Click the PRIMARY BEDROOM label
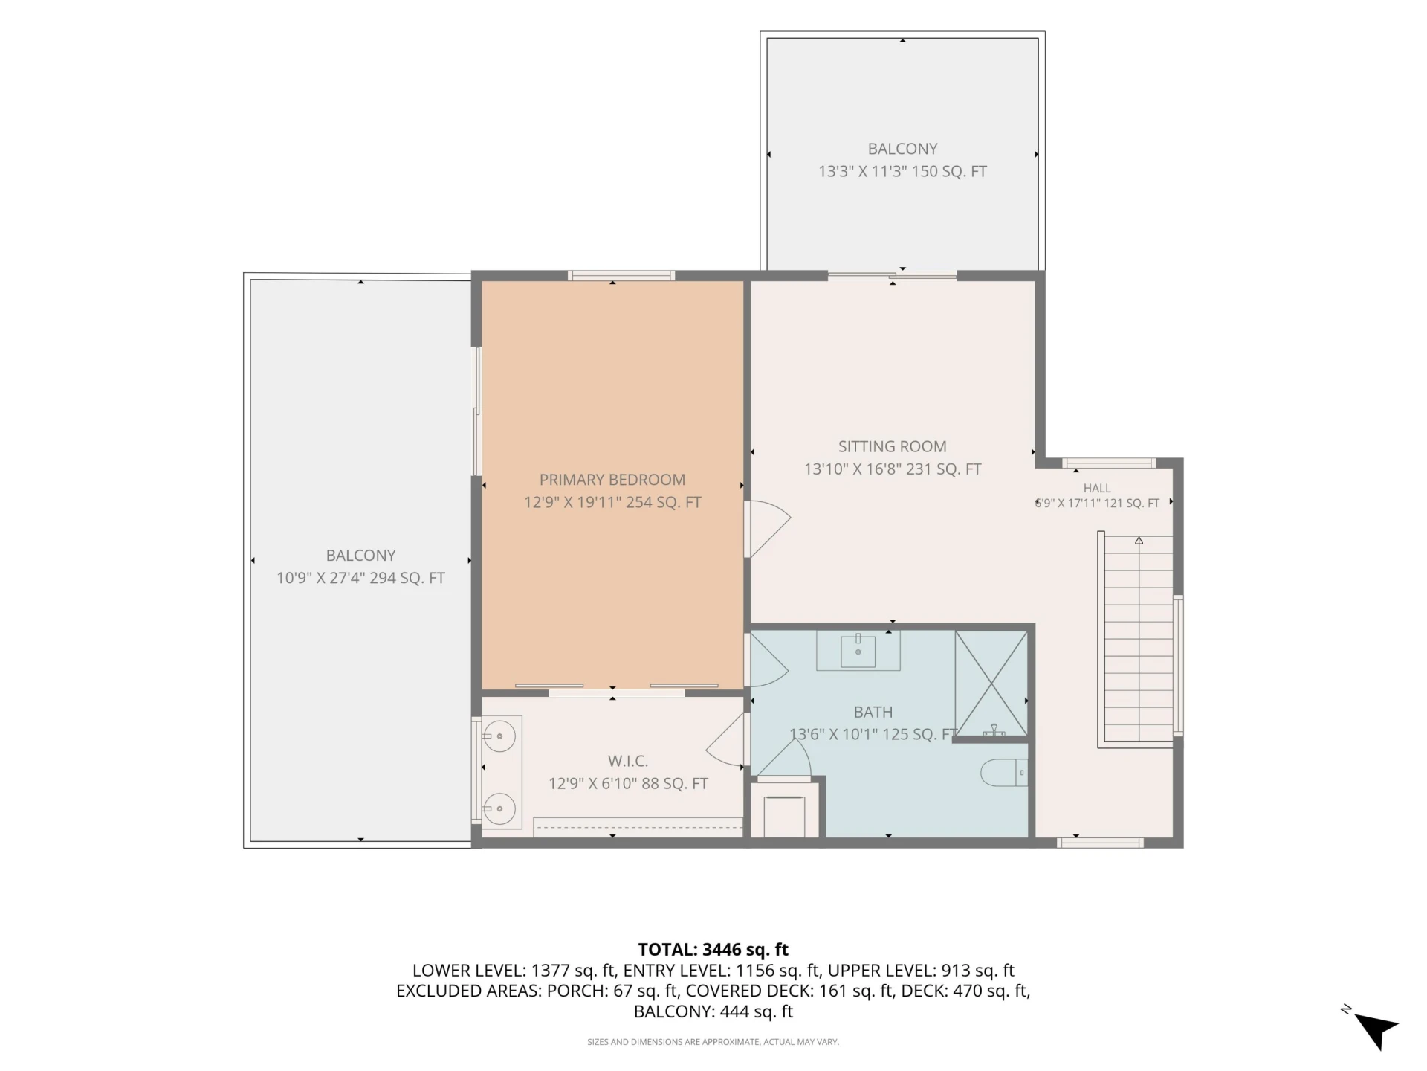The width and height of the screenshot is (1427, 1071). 612,480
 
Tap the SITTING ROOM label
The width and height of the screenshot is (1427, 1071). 892,446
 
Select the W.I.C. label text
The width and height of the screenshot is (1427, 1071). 628,761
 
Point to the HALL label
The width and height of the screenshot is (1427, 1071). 1097,488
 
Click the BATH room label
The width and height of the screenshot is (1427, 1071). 873,712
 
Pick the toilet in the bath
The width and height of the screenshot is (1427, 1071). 1004,773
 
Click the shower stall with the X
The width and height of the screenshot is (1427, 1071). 991,684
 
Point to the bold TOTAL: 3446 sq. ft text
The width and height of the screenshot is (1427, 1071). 713,950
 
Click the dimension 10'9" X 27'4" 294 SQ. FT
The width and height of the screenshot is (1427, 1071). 360,578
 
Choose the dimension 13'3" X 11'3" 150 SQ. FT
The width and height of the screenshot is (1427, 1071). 902,171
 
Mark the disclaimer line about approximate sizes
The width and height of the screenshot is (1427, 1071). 713,1042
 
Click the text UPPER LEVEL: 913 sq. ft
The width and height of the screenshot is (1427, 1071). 921,971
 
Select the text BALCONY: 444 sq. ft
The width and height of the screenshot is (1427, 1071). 713,1011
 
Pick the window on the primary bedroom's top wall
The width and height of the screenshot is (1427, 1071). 621,276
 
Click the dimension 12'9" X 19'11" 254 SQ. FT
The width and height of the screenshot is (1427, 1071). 612,502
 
